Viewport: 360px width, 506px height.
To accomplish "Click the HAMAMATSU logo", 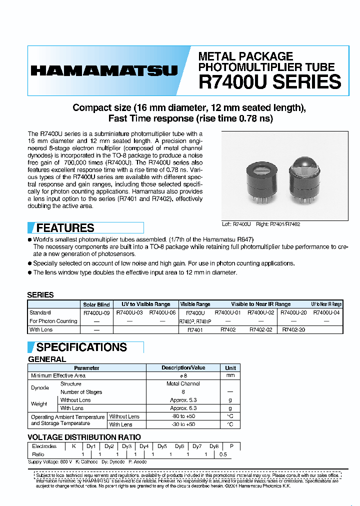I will coord(104,71).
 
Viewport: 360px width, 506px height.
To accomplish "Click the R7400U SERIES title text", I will coord(269,81).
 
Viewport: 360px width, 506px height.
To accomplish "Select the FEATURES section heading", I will coord(65,228).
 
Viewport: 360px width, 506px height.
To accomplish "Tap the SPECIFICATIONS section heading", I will coord(81,347).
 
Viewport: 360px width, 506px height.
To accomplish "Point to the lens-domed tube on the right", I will coord(305,181).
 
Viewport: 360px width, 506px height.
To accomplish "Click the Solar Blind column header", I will coord(96,304).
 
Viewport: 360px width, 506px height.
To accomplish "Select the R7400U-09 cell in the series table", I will coord(96,312).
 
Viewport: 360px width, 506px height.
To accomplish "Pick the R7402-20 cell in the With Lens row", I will coord(293,330).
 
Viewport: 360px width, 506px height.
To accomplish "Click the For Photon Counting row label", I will coord(53,321).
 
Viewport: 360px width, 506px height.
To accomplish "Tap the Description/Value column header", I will coord(183,367).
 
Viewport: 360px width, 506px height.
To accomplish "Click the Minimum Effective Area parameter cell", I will coord(58,375).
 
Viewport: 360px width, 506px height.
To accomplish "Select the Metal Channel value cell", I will coord(183,383).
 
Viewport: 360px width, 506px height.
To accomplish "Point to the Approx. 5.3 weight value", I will coord(183,400).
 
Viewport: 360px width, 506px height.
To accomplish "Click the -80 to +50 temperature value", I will coord(183,416).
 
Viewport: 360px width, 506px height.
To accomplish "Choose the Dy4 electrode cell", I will coord(144,446).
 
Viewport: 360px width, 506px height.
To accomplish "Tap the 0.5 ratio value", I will coord(223,454).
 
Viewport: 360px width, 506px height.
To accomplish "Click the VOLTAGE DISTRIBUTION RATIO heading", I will coord(84,437).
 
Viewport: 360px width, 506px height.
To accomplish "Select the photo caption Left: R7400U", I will coord(236,224).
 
